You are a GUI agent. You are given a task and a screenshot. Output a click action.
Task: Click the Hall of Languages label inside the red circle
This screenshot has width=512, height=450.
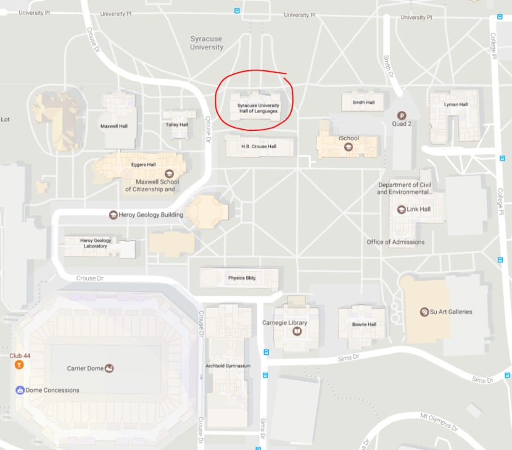(258, 108)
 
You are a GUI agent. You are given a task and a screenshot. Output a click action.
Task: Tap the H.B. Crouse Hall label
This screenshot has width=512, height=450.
(259, 147)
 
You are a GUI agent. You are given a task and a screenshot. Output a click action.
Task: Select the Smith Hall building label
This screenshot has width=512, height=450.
(363, 102)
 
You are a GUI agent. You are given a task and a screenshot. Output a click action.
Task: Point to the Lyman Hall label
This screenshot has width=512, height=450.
(455, 104)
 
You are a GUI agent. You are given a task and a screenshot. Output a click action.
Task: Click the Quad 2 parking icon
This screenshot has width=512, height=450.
(402, 115)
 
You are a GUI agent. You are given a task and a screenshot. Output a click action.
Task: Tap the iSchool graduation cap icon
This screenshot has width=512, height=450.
(348, 147)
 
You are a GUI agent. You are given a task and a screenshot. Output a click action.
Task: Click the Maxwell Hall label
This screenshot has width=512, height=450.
(114, 126)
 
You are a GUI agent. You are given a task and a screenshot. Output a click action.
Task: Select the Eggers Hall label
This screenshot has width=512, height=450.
(143, 165)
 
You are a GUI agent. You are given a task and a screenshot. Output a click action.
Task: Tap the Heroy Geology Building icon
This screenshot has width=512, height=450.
(114, 215)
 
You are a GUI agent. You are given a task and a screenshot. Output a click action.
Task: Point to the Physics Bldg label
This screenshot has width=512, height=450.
(241, 278)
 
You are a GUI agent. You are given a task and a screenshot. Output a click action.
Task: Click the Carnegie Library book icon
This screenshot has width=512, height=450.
(297, 331)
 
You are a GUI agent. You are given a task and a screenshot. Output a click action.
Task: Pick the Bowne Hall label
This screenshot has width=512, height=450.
(364, 324)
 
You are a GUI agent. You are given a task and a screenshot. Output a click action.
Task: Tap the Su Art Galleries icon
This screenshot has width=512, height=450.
(424, 312)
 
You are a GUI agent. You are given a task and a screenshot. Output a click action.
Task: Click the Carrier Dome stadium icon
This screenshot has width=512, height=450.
(110, 369)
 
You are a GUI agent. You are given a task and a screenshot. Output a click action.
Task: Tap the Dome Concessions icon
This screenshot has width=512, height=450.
(19, 390)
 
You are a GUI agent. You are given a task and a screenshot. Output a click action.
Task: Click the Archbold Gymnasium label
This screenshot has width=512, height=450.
(228, 366)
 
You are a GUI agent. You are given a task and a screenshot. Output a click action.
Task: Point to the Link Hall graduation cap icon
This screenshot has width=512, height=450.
(402, 209)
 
